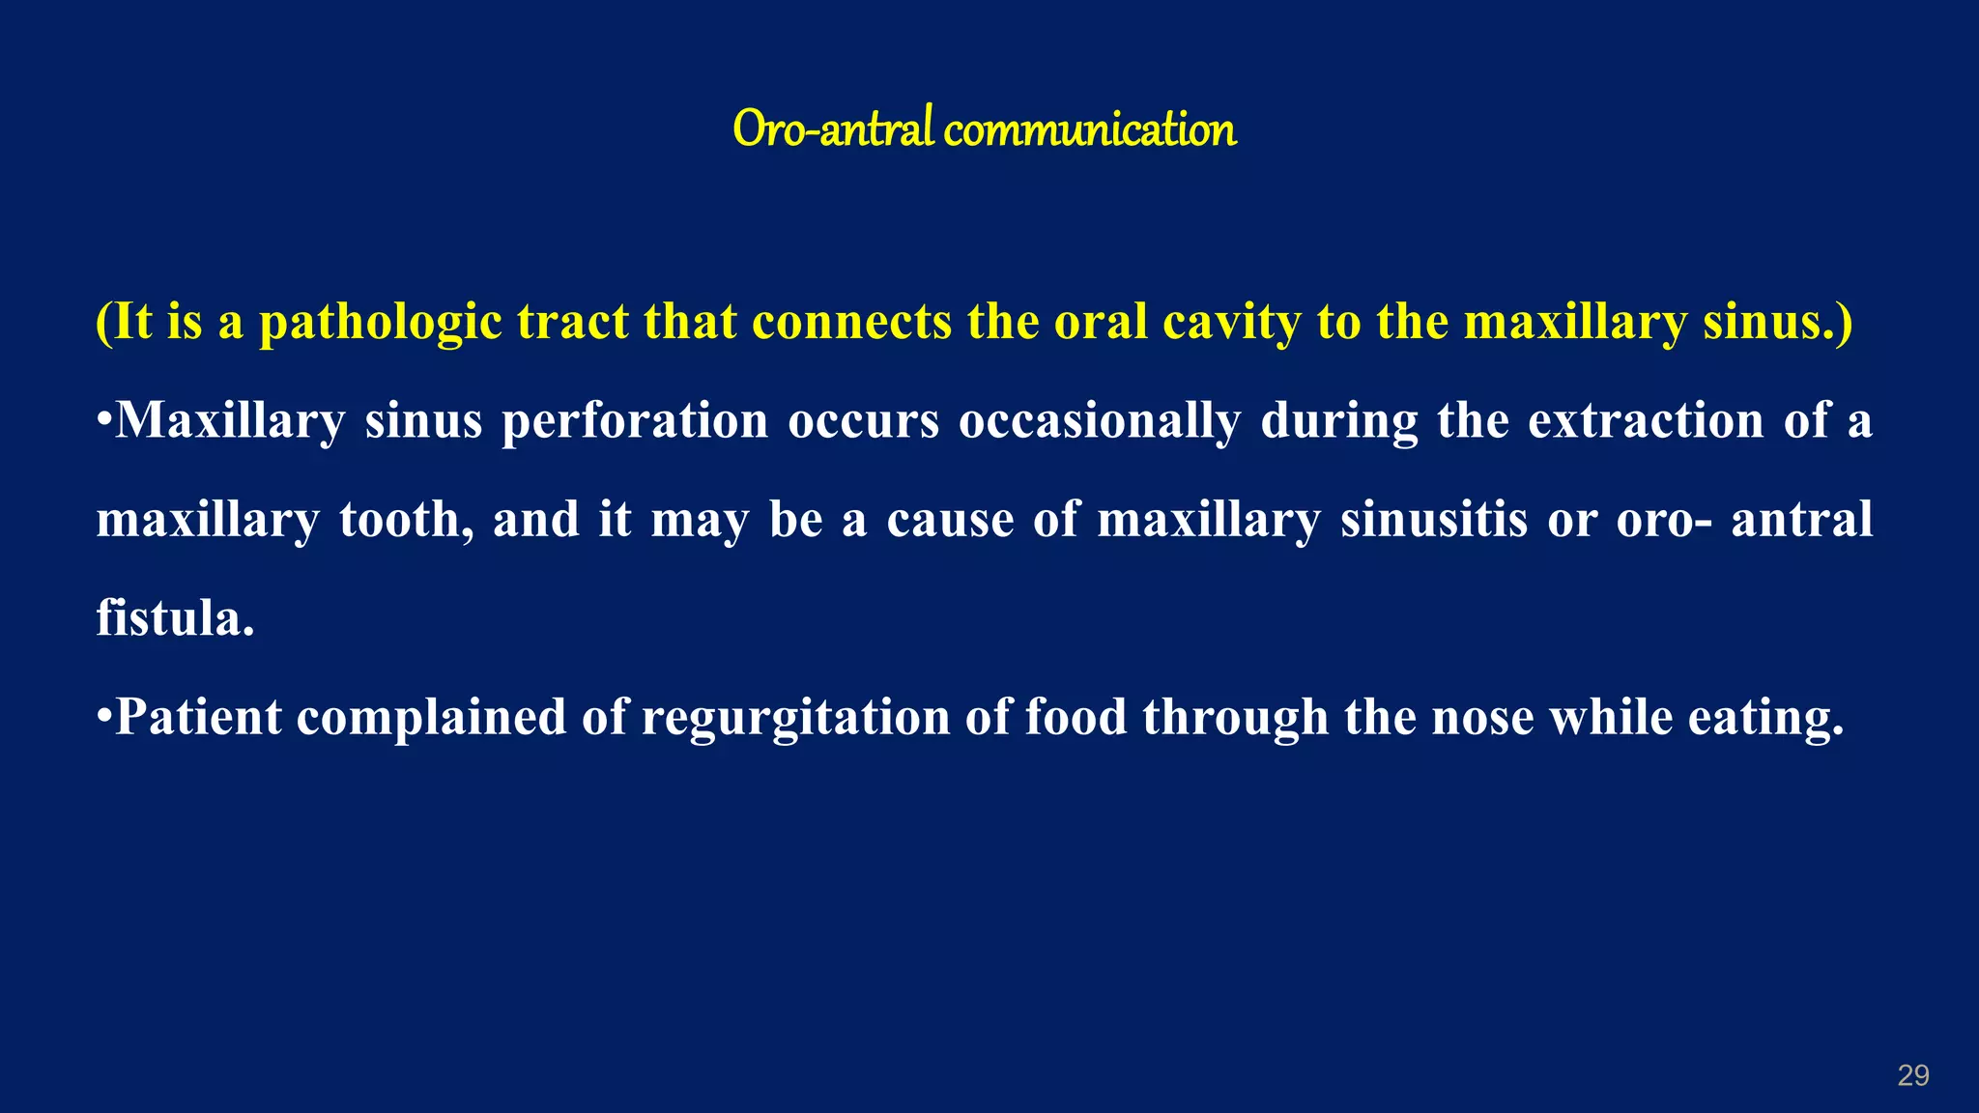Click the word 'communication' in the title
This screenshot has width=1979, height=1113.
click(1089, 129)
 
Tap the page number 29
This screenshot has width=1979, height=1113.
click(1913, 1075)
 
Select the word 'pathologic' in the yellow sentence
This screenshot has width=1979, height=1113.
click(380, 323)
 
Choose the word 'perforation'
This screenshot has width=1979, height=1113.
click(635, 421)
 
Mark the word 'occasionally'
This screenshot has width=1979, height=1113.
click(1100, 421)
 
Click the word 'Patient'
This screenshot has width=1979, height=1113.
click(199, 717)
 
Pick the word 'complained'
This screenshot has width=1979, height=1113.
click(431, 719)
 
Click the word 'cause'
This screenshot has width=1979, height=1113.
click(950, 520)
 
